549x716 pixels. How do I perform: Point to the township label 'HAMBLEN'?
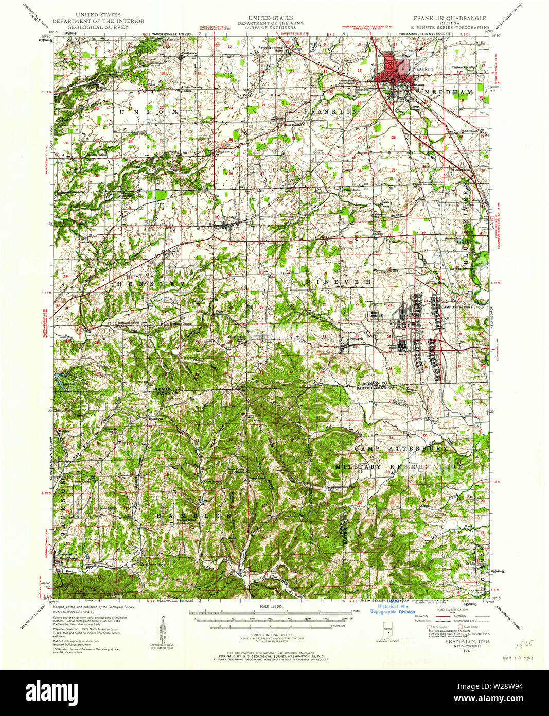[x=192, y=516]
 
